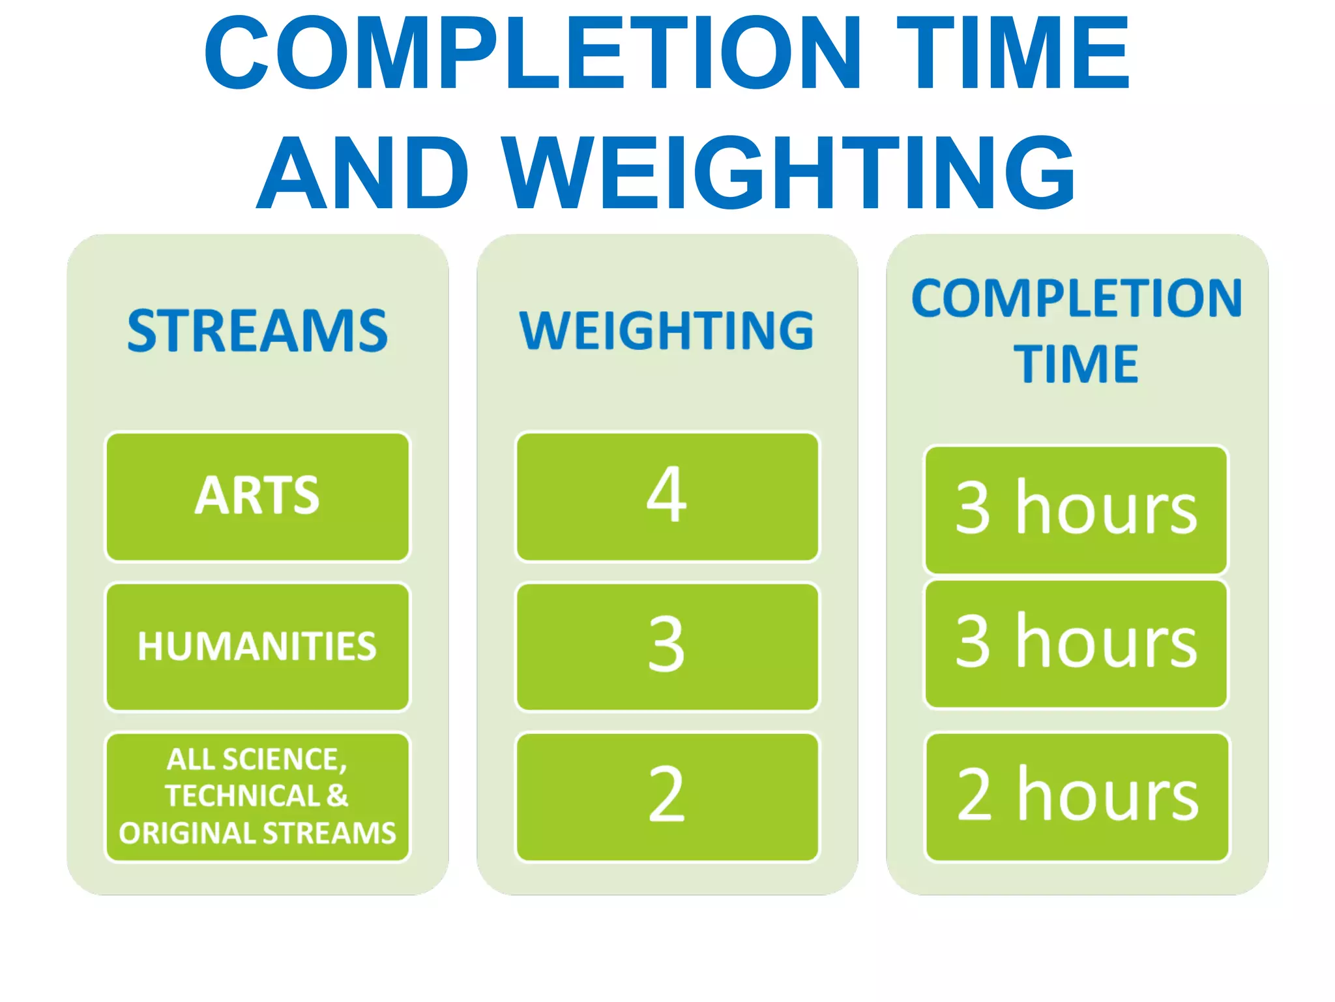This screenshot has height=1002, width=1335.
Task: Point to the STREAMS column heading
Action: click(x=257, y=331)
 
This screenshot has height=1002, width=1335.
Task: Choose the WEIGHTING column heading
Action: click(x=666, y=331)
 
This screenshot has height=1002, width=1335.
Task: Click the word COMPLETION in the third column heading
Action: click(x=1076, y=298)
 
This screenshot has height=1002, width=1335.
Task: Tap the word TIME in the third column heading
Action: click(x=1076, y=363)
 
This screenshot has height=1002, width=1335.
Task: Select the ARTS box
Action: click(x=257, y=496)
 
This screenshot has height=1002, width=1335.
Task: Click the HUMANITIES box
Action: click(x=257, y=646)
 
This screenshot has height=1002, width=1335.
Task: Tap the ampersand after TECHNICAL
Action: click(x=337, y=796)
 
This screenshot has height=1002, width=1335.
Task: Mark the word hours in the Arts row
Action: click(x=1106, y=509)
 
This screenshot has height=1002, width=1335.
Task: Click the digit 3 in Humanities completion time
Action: click(x=973, y=642)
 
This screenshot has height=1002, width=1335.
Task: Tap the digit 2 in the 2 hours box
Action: click(x=974, y=795)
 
